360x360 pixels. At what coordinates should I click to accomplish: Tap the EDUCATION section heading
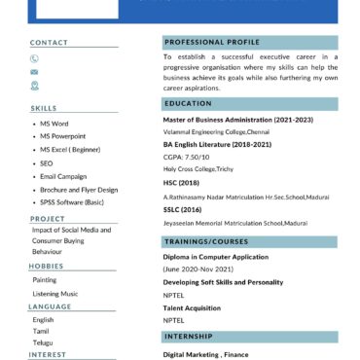(189, 104)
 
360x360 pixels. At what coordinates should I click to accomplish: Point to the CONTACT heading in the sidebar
(49, 43)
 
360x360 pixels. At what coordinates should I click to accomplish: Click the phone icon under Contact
(35, 58)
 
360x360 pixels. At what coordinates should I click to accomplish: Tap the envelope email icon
(35, 72)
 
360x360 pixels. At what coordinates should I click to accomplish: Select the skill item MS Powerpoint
(63, 137)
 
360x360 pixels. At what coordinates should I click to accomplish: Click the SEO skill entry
(46, 163)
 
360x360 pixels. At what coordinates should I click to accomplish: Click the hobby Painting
(45, 279)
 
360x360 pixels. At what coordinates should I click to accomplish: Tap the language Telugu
(44, 342)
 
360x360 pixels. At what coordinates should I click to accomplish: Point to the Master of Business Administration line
(238, 120)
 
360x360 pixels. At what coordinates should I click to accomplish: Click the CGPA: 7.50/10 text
(186, 156)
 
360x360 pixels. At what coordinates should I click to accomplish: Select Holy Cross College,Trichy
(198, 168)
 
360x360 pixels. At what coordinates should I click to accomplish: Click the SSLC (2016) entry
(183, 209)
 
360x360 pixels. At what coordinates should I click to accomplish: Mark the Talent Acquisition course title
(192, 307)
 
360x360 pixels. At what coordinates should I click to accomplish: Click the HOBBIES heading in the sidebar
(46, 266)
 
